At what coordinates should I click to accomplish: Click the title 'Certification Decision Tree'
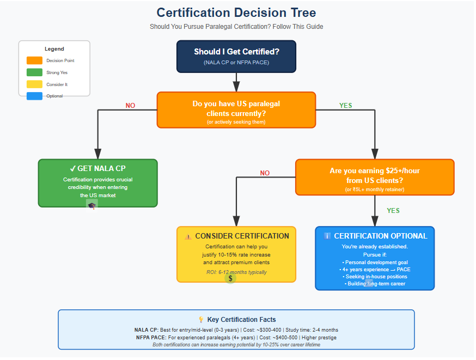(236, 13)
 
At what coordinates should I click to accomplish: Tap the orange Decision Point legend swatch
(34, 60)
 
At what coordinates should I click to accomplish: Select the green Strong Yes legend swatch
(34, 72)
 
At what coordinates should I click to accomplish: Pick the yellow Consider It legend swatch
(34, 84)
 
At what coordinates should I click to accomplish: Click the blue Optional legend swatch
(34, 96)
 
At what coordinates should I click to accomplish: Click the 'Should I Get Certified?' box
(236, 56)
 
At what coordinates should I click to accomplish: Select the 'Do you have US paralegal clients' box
(236, 109)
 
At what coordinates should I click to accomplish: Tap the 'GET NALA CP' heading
(97, 169)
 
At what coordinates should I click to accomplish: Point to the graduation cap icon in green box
(91, 205)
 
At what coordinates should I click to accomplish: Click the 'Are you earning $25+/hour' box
(375, 177)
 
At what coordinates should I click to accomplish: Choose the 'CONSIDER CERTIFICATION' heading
(236, 236)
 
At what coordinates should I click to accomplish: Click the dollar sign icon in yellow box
(231, 278)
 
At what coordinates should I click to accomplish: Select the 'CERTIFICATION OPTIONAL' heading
(375, 236)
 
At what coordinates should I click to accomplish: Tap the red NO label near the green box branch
(130, 106)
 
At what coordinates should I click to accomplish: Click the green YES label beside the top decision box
(346, 106)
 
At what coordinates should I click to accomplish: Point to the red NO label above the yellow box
(265, 173)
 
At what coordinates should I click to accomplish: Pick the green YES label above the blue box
(393, 210)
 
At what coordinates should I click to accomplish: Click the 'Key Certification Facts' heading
(236, 320)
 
